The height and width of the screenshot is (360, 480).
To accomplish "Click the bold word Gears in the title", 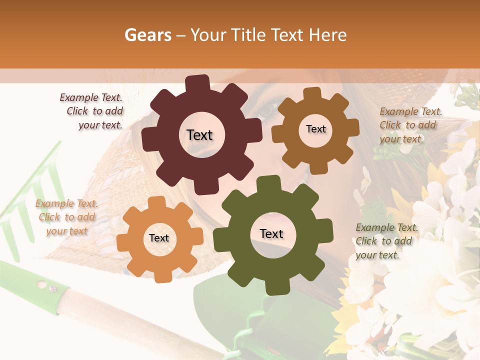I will pos(147,35).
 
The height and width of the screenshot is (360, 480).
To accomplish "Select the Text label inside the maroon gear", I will pos(199,135).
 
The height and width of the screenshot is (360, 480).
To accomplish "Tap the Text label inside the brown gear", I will pos(315,129).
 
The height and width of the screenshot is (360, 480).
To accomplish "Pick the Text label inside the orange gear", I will pos(159,238).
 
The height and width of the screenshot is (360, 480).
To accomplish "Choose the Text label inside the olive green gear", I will pos(271,234).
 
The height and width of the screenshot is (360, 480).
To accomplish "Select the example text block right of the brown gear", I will pos(409,125).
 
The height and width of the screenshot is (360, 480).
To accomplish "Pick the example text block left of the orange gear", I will pos(67,217).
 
